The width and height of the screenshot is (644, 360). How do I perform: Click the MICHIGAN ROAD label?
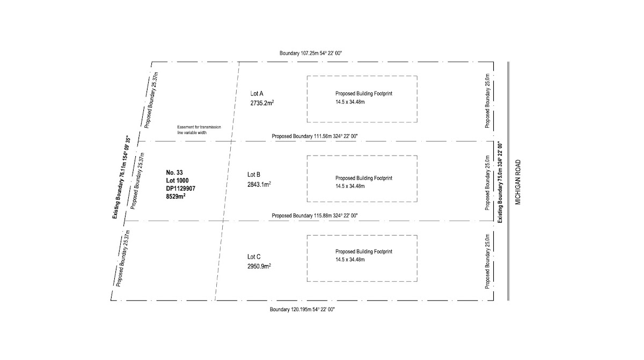coord(518,182)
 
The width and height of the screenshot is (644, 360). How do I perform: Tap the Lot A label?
coord(257,93)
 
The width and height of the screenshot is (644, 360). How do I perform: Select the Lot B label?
coord(254,174)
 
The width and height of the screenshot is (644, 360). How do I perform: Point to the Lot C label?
coord(254,256)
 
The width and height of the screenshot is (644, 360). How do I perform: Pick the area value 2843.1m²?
coord(259,184)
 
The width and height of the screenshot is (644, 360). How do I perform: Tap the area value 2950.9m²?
coord(259,266)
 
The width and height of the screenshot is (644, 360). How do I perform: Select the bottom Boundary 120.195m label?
coord(303,310)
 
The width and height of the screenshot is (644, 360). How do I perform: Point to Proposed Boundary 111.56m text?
coord(314,136)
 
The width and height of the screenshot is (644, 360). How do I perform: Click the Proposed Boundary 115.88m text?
coord(314,216)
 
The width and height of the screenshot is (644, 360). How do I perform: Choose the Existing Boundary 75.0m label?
coord(500,182)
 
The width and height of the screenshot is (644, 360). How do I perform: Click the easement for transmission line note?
coord(199,129)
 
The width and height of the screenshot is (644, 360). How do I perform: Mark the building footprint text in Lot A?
coord(364,93)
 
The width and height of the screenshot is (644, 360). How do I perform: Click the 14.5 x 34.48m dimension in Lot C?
coord(350,260)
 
